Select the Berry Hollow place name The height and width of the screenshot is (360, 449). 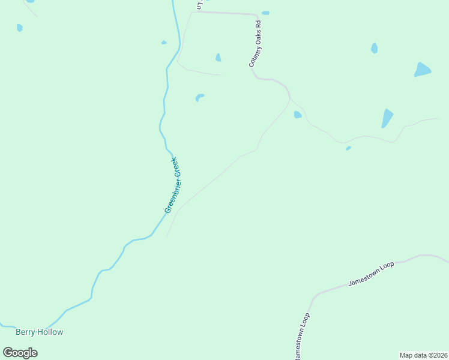pos(39,332)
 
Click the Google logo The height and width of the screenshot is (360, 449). pos(20,353)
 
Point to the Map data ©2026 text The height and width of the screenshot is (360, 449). pos(424,355)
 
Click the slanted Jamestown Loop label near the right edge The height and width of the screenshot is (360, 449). pos(372,274)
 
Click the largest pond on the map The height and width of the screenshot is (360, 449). pos(423,70)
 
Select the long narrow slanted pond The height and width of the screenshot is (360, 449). pos(387,118)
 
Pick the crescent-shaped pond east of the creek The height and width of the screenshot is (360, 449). pos(199,97)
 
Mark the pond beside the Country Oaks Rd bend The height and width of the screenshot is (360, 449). pos(297,115)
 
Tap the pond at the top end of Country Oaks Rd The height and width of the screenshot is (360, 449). pos(265,13)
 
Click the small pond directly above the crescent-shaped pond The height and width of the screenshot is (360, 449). pos(218,58)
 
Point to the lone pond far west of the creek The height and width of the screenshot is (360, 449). pos(20,28)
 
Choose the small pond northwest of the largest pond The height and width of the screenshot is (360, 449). pos(374,48)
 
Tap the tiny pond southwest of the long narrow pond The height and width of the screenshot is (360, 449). pos(348,148)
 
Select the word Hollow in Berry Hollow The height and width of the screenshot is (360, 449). pos(50,332)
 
